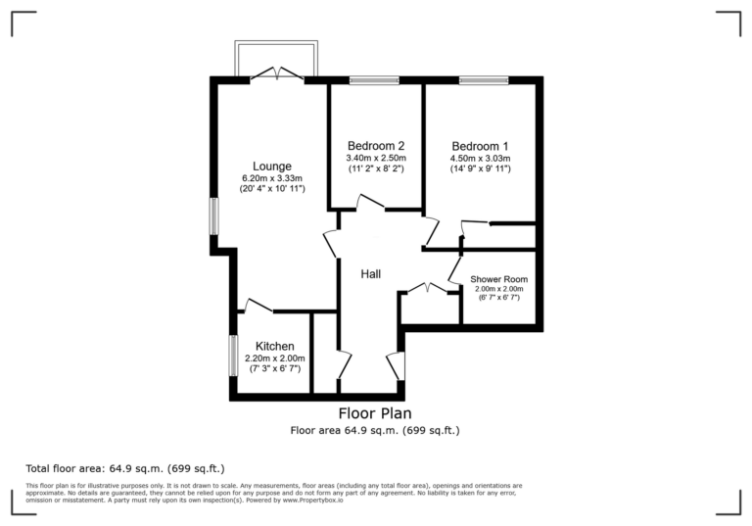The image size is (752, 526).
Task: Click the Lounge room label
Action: (x=271, y=166)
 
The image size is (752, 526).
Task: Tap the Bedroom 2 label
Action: (x=375, y=145)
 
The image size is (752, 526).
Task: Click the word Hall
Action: (x=370, y=274)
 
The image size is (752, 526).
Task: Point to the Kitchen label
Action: (x=274, y=346)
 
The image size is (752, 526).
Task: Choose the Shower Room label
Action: (x=498, y=279)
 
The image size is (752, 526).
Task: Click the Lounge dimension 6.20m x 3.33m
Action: (x=272, y=177)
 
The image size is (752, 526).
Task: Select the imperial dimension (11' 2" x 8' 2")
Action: (x=376, y=168)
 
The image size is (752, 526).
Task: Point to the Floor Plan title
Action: (x=375, y=414)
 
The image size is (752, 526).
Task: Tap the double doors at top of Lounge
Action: (x=278, y=74)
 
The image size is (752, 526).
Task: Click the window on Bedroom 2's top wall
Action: (x=374, y=80)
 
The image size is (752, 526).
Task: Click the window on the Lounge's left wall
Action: (x=213, y=216)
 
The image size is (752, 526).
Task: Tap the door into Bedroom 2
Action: (x=369, y=204)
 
